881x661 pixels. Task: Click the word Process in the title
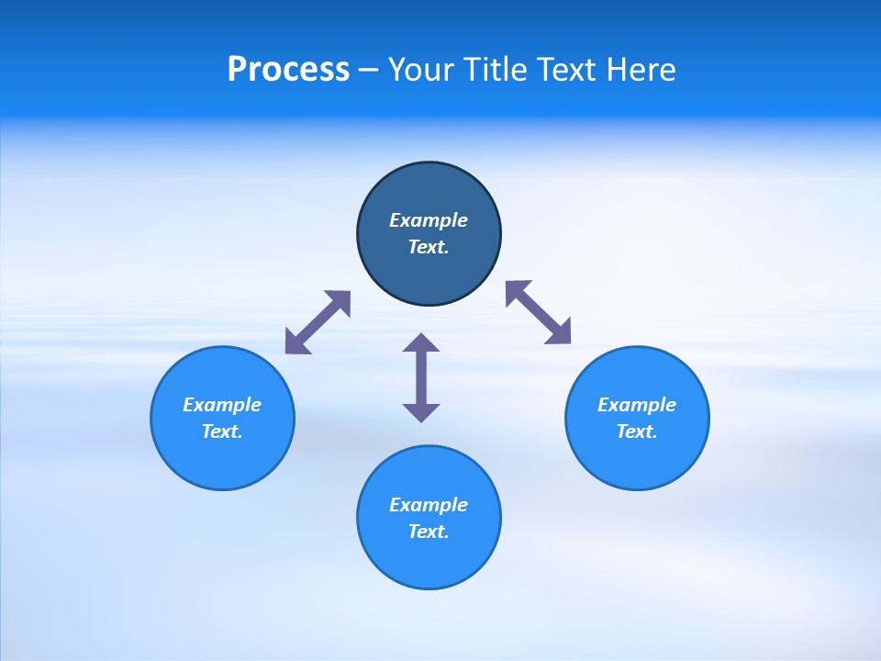click(288, 70)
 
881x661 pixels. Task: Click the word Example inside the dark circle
click(429, 220)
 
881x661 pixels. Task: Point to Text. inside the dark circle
click(429, 247)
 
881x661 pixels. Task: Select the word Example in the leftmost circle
click(222, 405)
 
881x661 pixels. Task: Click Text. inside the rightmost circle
click(637, 431)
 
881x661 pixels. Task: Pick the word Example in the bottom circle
click(429, 505)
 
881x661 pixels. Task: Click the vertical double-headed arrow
click(421, 377)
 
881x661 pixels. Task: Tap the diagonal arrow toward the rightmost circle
click(539, 312)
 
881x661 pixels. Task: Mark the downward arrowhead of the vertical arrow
click(421, 412)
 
